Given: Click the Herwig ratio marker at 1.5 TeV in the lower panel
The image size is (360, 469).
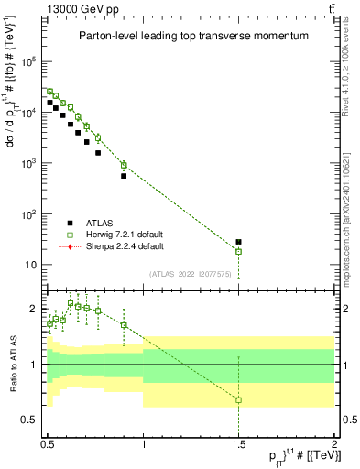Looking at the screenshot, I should click(x=239, y=400).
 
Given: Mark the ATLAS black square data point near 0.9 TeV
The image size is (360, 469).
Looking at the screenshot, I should click(x=124, y=175).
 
